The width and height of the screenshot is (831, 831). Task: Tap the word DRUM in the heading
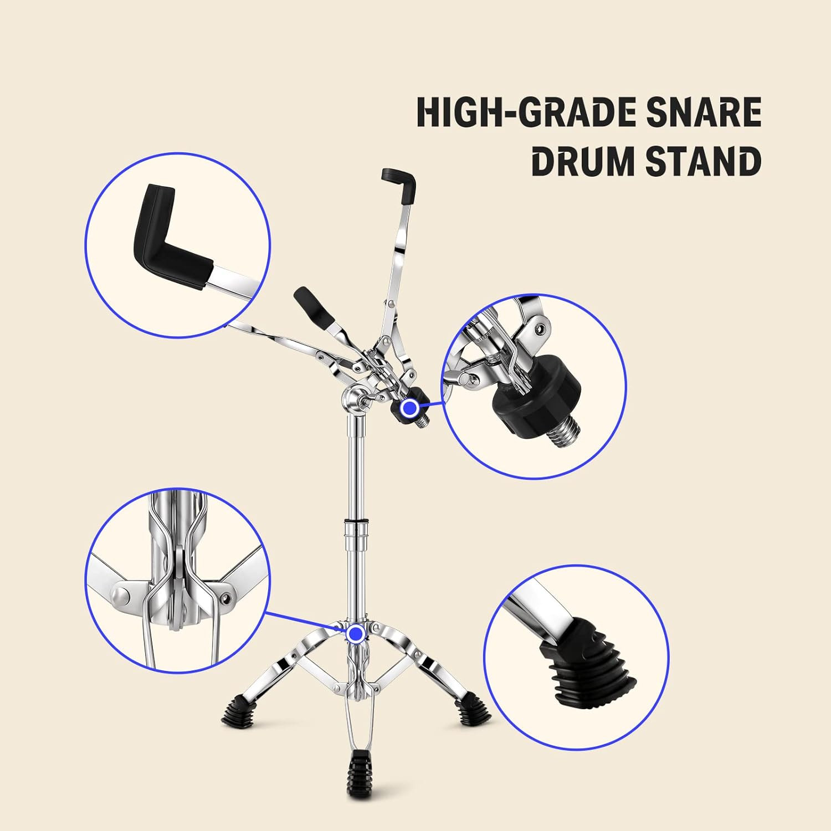click(x=581, y=162)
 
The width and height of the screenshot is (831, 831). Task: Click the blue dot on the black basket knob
click(x=410, y=408)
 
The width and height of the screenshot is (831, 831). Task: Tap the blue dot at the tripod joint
click(x=355, y=633)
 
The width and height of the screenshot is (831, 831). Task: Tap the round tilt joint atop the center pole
click(x=352, y=397)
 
